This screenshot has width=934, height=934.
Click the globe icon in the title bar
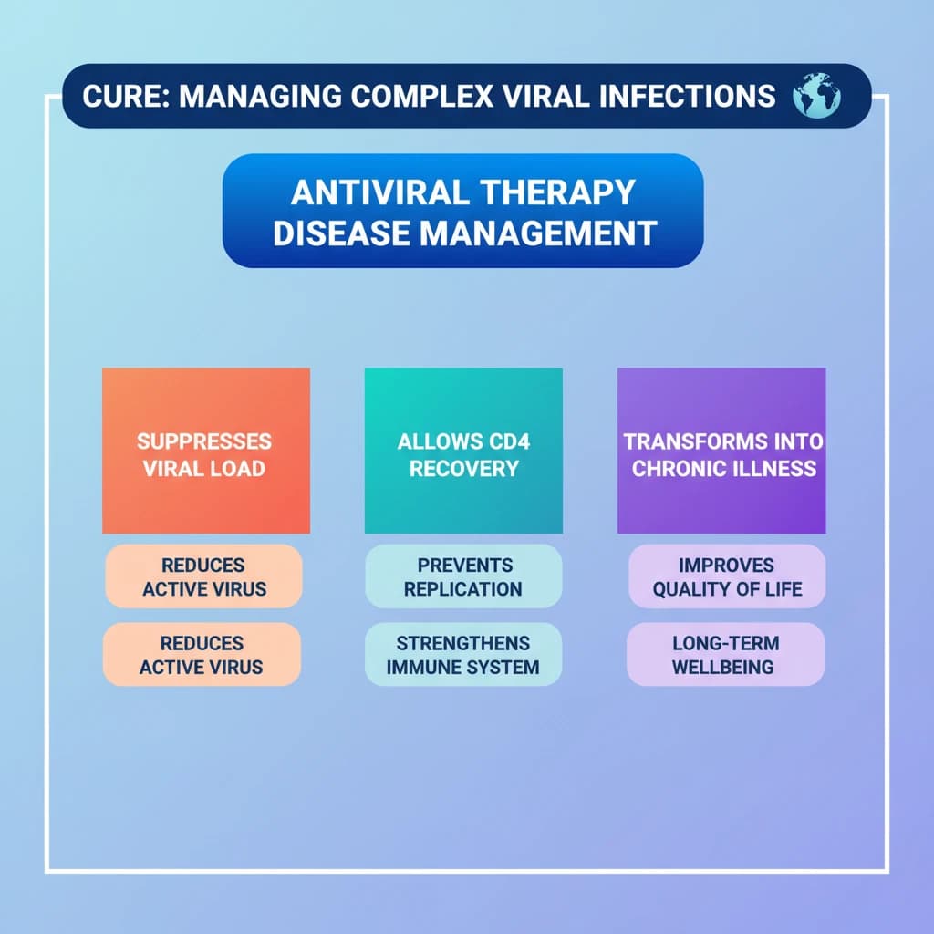point(816,95)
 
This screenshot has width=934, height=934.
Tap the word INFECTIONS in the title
point(688,96)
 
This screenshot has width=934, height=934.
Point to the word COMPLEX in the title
point(422,96)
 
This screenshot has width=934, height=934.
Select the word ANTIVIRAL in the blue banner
point(380,192)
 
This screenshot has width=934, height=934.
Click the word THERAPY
point(558,192)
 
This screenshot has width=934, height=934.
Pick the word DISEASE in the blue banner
point(342,233)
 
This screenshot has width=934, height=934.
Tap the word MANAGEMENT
point(539,233)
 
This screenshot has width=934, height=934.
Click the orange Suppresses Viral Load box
point(206,451)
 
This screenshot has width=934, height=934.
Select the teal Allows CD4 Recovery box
point(463,451)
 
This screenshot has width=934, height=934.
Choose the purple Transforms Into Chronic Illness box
point(721,451)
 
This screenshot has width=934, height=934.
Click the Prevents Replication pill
point(463,576)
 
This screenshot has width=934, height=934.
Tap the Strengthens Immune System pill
point(463,654)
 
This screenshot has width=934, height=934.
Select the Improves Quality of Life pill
point(727,576)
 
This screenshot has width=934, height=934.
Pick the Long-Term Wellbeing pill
point(725,654)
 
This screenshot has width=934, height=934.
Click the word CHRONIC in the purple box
point(680,469)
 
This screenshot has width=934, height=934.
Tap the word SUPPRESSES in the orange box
point(204,441)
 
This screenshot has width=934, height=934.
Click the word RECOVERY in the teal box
point(464,469)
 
